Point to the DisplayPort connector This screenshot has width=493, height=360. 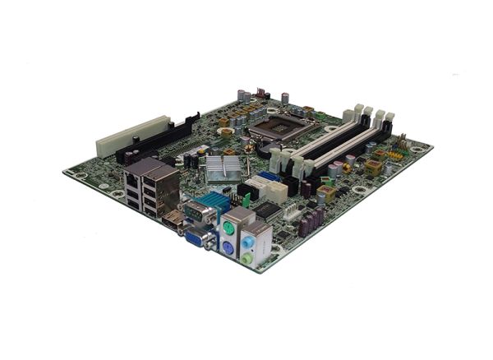point(170,221)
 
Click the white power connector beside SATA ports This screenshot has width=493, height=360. point(279,191)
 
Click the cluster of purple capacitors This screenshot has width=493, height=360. point(312,222)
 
